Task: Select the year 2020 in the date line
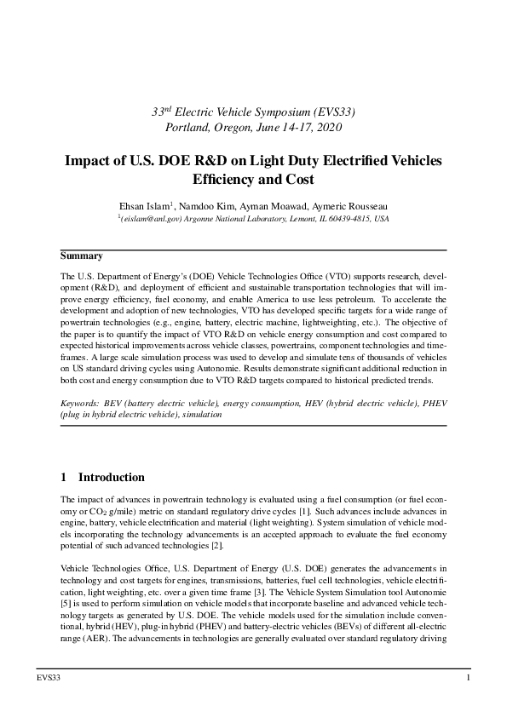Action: [326, 127]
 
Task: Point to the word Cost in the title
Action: [299, 180]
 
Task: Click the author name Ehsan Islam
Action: [144, 205]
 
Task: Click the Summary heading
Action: [81, 255]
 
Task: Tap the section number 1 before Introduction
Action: [63, 477]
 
